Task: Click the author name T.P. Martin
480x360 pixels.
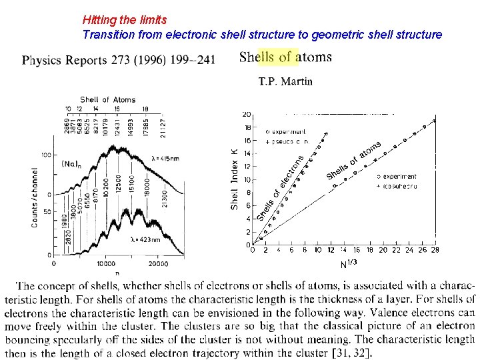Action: (285, 81)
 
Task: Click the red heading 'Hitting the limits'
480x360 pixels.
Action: (125, 21)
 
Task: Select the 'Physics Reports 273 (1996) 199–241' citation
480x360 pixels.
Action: (119, 61)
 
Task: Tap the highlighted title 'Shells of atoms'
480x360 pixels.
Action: (285, 57)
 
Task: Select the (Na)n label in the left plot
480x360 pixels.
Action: (72, 163)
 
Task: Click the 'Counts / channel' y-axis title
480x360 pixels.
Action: (35, 197)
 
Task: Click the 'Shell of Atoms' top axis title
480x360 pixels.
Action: (107, 100)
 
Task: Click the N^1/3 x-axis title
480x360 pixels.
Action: (349, 264)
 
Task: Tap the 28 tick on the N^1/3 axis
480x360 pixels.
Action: (435, 251)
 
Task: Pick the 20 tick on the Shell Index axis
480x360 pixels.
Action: (247, 115)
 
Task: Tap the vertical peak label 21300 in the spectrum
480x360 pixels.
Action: (165, 198)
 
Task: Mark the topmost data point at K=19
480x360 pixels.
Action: (435, 121)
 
